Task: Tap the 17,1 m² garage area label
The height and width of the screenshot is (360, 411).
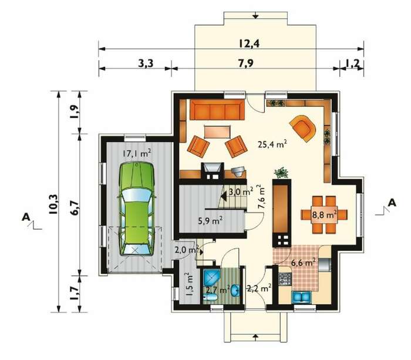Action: pos(137,153)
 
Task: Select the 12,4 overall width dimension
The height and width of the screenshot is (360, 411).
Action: pos(249,43)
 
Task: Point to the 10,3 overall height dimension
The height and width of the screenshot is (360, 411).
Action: pos(54,204)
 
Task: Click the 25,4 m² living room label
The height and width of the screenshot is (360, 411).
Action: pos(272,144)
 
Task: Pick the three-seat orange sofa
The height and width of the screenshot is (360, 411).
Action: pos(217,110)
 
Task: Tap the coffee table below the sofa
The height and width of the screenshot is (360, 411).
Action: pos(218,132)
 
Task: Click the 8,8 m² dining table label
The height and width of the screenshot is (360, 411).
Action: pos(325,215)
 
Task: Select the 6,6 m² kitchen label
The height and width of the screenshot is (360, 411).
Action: pos(303,262)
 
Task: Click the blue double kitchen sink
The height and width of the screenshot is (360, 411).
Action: pos(301,297)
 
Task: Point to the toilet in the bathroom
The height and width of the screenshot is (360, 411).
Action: pos(210,297)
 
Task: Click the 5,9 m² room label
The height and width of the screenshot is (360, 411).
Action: pos(210,221)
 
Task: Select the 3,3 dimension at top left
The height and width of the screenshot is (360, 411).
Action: pos(146,63)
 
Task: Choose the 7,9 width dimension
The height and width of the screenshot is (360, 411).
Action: pos(246,63)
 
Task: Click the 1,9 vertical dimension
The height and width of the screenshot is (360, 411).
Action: pos(74,112)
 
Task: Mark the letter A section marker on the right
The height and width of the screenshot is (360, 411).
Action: pos(392,203)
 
